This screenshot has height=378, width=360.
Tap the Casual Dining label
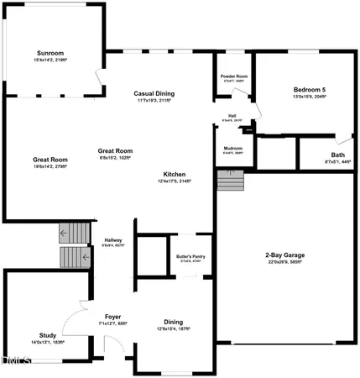pyautogui.click(x=153, y=93)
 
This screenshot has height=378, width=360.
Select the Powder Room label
pyautogui.click(x=234, y=76)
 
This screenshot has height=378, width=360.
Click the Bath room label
pyautogui.click(x=337, y=155)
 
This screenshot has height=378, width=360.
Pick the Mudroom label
pyautogui.click(x=232, y=149)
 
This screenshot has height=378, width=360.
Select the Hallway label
pyautogui.click(x=112, y=240)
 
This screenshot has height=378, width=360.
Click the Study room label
pyautogui.click(x=48, y=334)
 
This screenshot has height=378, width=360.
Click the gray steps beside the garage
pyautogui.click(x=229, y=180)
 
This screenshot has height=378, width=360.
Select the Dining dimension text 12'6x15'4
pyautogui.click(x=172, y=328)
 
